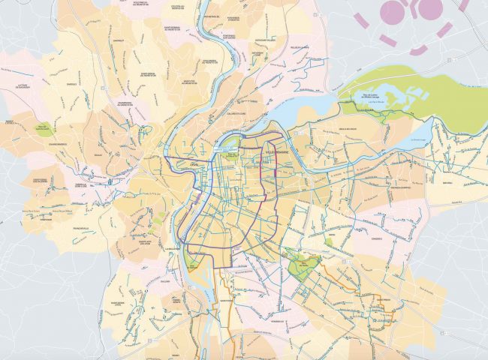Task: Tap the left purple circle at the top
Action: [392, 9]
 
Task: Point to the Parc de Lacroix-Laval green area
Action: [43, 128]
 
